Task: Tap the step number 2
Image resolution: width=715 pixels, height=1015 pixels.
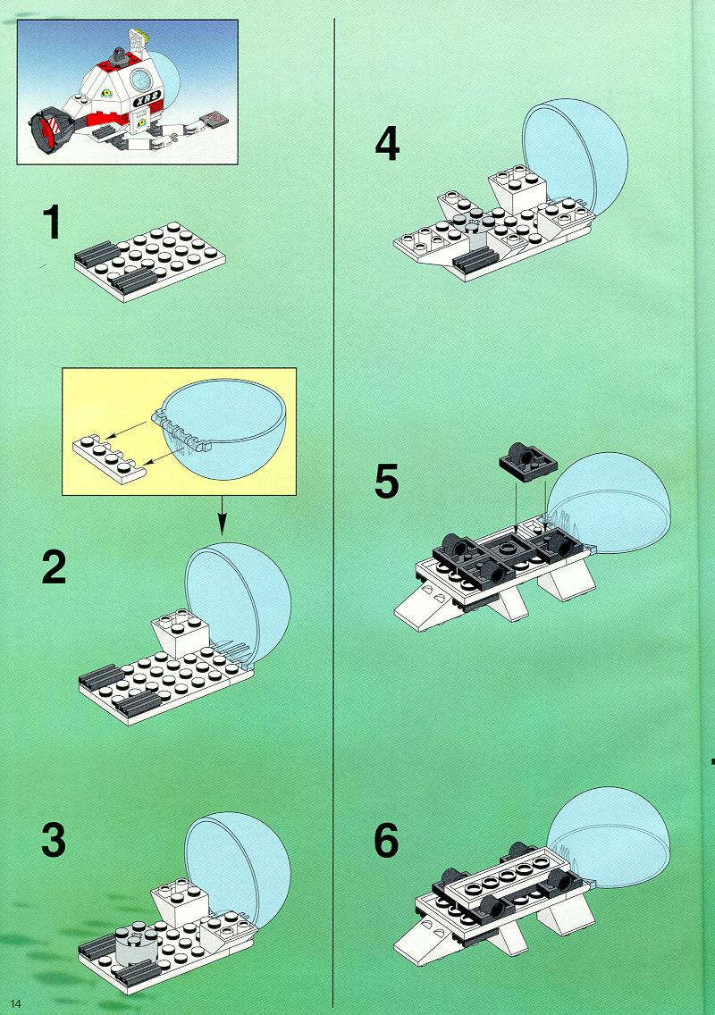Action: click(54, 567)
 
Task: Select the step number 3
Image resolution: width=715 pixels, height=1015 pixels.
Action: click(54, 840)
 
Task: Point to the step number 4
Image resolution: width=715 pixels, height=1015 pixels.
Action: click(387, 144)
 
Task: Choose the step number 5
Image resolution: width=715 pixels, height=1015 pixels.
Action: click(387, 482)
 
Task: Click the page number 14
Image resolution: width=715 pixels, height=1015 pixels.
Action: click(15, 1003)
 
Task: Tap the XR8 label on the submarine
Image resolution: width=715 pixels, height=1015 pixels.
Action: click(147, 101)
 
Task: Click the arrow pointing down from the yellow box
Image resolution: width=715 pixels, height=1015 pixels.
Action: click(223, 516)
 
